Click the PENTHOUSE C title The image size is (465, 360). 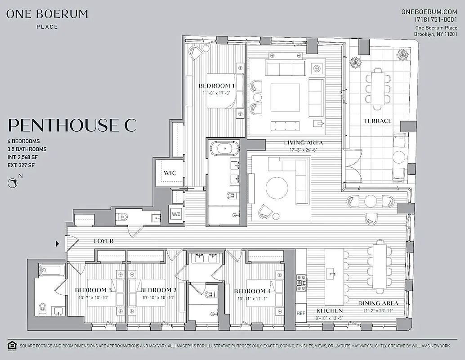[x=72, y=125]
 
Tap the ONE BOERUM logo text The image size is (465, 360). [x=47, y=14]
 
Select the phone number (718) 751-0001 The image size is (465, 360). [x=436, y=20]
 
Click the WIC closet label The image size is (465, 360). [x=170, y=173]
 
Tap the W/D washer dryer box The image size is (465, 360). [x=175, y=214]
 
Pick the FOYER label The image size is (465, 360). [x=104, y=241]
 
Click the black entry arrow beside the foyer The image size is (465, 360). [x=57, y=244]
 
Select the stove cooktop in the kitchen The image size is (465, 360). [x=301, y=283]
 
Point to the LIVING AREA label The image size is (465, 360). [x=303, y=143]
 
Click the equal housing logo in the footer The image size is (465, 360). [x=12, y=346]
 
